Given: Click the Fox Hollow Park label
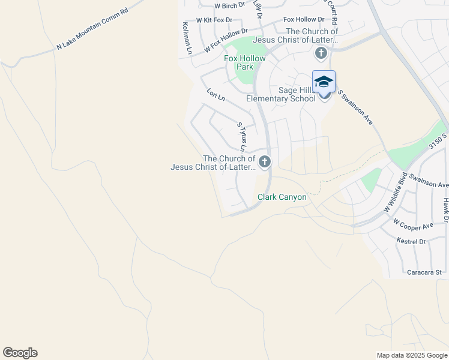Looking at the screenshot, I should click(244, 62).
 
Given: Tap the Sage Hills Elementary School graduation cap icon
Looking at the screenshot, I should click(324, 81).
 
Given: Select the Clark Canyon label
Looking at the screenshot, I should click(282, 197).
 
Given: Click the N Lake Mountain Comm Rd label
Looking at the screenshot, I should click(92, 28).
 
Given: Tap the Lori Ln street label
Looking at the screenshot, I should click(215, 95).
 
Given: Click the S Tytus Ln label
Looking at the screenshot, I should click(242, 137).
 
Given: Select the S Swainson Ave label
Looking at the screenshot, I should click(355, 107).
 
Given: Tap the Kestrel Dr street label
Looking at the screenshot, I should click(411, 241).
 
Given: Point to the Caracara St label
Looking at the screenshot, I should click(424, 272).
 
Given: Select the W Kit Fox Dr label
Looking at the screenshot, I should click(209, 20).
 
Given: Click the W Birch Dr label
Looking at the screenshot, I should click(230, 5).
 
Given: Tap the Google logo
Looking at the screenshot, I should click(20, 353).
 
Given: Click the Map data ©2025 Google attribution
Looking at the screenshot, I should click(412, 355).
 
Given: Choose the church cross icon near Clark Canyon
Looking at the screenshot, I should click(264, 161).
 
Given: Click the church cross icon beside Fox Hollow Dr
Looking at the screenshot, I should click(321, 54).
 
